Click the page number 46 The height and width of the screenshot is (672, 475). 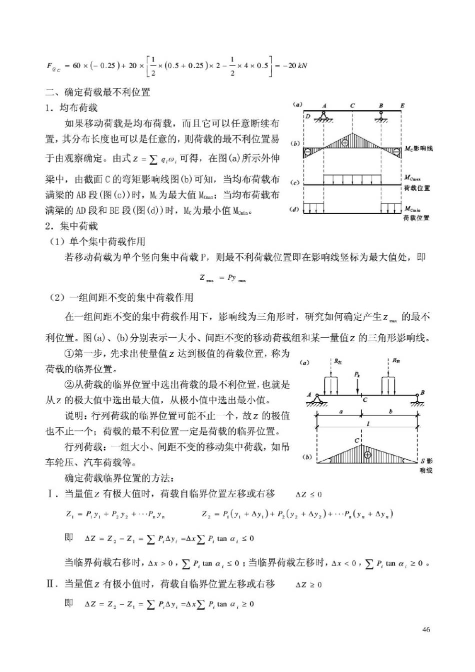[426, 629]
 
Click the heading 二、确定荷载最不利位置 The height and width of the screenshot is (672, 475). [98, 92]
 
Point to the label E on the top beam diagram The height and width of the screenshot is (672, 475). [402, 106]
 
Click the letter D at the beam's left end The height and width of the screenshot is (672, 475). [308, 117]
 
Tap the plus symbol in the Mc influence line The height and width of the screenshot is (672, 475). [345, 143]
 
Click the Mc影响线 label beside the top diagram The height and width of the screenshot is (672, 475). [418, 149]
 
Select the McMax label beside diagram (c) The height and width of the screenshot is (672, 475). [412, 178]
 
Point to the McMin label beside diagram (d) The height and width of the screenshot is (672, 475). [412, 209]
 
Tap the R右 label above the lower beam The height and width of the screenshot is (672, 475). [395, 361]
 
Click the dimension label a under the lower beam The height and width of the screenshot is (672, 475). [340, 411]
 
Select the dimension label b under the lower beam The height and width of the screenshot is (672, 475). [390, 411]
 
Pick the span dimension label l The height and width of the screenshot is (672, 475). [368, 423]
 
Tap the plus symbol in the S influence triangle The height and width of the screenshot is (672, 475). [367, 454]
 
